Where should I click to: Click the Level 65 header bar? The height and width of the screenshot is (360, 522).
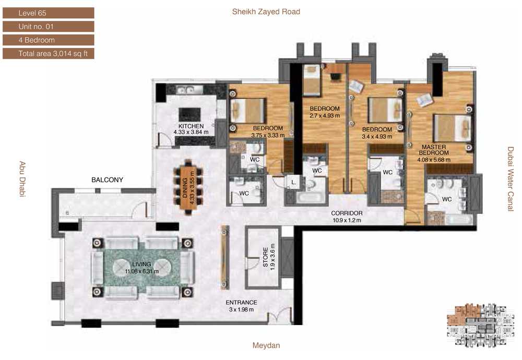(48, 13)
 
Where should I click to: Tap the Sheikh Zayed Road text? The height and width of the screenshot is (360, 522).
(266, 11)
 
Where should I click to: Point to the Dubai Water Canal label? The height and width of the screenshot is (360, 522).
(511, 179)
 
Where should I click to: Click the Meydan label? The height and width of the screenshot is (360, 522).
(266, 345)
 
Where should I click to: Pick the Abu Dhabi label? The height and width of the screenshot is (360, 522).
(22, 179)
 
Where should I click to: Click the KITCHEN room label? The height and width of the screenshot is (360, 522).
(191, 126)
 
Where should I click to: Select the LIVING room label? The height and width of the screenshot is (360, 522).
(141, 264)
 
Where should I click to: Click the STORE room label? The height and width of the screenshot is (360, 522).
(265, 257)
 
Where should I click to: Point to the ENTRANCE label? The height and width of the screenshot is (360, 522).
(241, 303)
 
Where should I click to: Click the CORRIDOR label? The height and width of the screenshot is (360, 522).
(347, 213)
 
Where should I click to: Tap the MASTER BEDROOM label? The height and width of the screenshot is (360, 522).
(434, 150)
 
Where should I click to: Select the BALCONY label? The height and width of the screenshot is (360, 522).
(107, 179)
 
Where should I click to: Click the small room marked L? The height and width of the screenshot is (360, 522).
(293, 182)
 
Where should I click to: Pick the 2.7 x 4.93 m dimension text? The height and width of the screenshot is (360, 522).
(325, 116)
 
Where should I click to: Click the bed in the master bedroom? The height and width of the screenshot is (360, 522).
(453, 128)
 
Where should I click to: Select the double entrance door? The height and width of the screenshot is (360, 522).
(280, 316)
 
